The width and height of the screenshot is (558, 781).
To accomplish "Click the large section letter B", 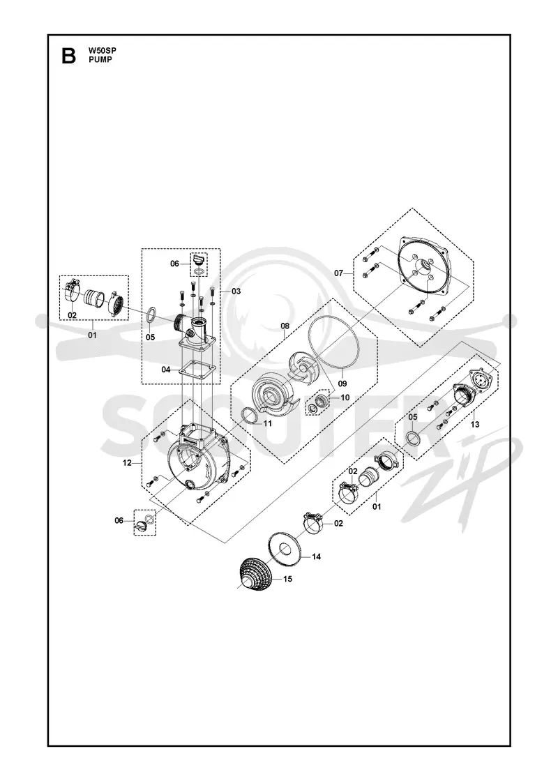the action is coord(69,56).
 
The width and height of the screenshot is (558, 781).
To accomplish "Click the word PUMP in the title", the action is coord(100,60).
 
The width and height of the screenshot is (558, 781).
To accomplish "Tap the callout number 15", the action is coord(287,579).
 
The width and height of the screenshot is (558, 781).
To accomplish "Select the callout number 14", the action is coord(317,557).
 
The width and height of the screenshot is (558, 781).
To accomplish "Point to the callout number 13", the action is coord(475,425).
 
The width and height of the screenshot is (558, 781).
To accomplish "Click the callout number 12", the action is coord(127,463).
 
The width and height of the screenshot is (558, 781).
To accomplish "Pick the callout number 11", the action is coord(268,423).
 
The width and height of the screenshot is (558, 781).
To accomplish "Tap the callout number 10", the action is coord(345,397).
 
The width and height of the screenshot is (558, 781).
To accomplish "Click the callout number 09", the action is coord(342,384).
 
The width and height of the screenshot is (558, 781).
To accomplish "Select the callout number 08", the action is coord(285,326).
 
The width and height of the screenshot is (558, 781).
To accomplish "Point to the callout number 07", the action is coord(339,273).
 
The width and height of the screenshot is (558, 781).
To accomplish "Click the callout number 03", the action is coord(236,291).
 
